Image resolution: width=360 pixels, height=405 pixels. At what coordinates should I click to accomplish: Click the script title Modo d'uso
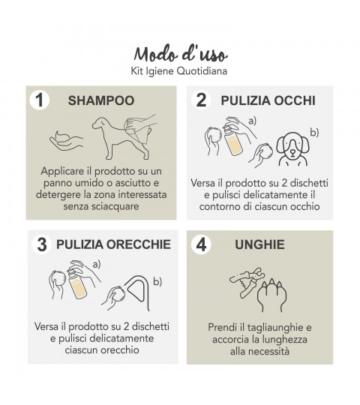[181, 54]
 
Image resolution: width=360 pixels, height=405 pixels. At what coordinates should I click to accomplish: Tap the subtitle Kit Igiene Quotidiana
[179, 71]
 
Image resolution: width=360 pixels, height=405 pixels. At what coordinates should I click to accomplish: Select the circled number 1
[39, 100]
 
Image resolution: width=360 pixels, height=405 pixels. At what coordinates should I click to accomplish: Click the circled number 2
[201, 100]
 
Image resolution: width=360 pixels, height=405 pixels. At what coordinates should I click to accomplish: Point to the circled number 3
[42, 244]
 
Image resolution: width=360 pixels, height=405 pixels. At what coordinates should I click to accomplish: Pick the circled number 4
[201, 244]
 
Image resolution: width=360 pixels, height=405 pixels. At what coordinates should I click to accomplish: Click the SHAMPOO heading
[101, 100]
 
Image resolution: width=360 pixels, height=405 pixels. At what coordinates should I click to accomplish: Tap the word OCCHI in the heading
[295, 100]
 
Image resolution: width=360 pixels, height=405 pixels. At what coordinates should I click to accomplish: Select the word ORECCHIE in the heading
[139, 244]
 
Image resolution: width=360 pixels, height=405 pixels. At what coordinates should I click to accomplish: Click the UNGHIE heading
[259, 244]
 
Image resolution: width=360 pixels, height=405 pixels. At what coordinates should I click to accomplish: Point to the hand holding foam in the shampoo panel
[66, 141]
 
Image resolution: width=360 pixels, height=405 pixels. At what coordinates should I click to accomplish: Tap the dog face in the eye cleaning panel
[292, 149]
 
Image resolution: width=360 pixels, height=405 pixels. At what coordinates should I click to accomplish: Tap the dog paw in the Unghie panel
[272, 295]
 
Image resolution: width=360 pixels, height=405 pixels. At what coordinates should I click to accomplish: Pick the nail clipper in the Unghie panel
[247, 281]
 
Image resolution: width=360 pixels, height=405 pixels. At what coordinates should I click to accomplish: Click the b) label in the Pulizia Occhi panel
[314, 132]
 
